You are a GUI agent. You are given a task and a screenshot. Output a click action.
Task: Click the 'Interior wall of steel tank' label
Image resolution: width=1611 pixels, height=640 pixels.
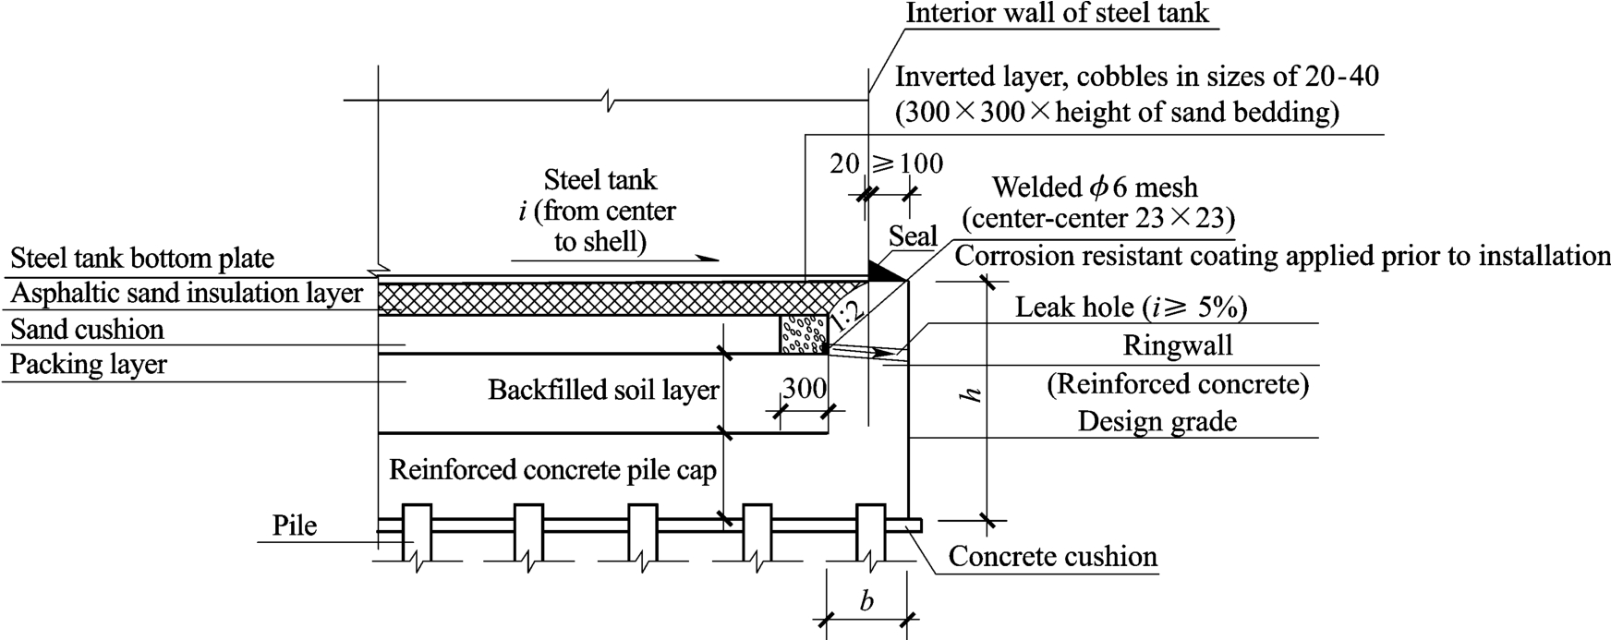tap(1057, 13)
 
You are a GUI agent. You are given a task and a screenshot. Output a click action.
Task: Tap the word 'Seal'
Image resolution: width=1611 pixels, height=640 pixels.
tap(913, 236)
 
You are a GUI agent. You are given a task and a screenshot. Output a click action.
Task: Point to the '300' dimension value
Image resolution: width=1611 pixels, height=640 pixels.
tap(804, 389)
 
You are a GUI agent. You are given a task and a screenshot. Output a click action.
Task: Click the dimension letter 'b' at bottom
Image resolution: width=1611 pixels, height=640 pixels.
tap(866, 602)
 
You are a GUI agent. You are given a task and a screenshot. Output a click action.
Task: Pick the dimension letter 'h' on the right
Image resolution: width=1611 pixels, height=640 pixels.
tap(970, 394)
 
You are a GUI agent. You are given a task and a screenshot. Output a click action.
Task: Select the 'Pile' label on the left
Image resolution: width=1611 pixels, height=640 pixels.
tap(295, 525)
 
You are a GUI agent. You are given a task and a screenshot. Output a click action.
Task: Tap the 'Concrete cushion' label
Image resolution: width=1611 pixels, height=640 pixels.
tap(1052, 557)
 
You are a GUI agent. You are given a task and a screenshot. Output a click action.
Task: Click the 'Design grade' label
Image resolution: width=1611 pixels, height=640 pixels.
tap(1157, 421)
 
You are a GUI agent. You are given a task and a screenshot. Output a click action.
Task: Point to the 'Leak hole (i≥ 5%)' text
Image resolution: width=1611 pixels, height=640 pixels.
tap(1132, 307)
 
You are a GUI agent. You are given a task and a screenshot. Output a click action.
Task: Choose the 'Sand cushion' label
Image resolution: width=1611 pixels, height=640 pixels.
tap(87, 330)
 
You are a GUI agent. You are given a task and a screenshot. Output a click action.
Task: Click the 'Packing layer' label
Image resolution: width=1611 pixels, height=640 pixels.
tap(89, 364)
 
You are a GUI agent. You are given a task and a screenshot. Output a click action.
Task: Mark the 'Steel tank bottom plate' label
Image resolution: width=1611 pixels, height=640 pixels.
tap(142, 259)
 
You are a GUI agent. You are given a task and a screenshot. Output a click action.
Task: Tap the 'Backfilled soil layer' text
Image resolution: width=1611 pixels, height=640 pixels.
tap(602, 390)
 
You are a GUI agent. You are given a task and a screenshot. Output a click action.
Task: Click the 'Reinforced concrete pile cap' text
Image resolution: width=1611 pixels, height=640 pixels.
tap(552, 470)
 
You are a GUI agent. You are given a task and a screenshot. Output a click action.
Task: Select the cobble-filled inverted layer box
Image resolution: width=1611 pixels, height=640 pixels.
tap(803, 334)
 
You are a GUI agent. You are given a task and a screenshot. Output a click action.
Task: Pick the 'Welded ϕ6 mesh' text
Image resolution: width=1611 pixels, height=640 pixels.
tap(1095, 187)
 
